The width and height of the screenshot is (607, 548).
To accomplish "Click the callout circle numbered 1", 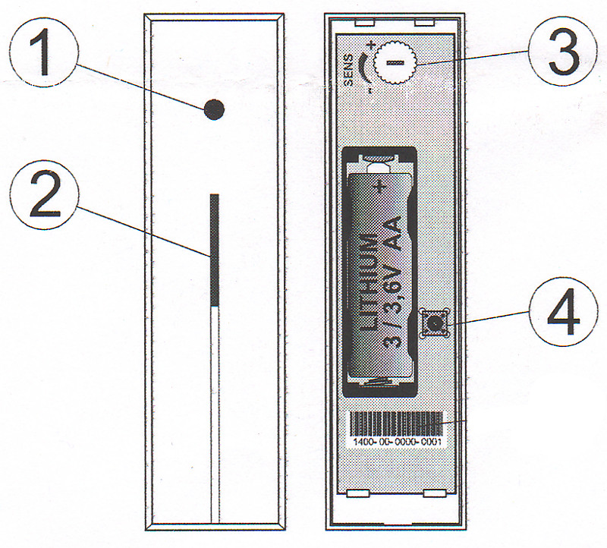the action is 44,52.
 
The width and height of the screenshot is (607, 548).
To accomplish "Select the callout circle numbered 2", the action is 44,195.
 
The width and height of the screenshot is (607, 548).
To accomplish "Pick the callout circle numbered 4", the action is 563,311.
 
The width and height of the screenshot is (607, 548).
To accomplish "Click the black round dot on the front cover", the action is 214,109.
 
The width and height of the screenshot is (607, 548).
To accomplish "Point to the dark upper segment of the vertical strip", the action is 215,250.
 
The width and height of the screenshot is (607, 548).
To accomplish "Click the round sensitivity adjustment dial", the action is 395,62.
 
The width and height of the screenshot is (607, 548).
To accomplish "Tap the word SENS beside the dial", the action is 348,70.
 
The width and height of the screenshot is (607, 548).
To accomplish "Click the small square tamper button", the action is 435,323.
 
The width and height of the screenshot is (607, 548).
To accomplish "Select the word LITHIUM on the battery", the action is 366,282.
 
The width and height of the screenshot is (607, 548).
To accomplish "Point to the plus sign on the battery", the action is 380,187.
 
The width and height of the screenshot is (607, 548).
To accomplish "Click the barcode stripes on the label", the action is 396,424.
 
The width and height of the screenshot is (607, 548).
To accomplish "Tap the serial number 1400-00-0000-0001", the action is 397,442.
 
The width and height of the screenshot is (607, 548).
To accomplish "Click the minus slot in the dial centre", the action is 395,62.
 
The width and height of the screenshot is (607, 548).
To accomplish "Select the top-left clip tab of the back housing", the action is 365,24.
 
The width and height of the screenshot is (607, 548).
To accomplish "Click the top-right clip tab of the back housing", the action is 425,24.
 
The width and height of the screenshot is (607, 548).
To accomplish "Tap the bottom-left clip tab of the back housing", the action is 357,493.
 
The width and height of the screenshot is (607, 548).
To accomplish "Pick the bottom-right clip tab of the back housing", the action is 435,493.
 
